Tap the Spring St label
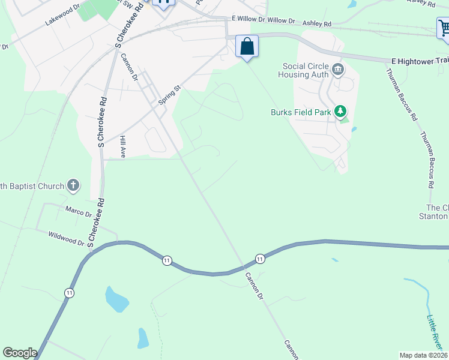(x=169, y=95)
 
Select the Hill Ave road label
(x=122, y=146)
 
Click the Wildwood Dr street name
(x=66, y=239)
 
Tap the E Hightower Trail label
(x=419, y=61)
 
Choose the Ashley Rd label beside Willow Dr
(x=317, y=24)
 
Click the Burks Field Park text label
(x=301, y=112)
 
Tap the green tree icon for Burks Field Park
(x=340, y=111)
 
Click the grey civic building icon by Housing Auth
(x=337, y=70)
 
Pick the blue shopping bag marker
(x=247, y=47)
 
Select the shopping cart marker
(x=444, y=29)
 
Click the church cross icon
(x=73, y=185)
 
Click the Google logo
(x=20, y=353)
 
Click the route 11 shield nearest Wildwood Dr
(x=167, y=260)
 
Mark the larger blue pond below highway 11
(x=116, y=299)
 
